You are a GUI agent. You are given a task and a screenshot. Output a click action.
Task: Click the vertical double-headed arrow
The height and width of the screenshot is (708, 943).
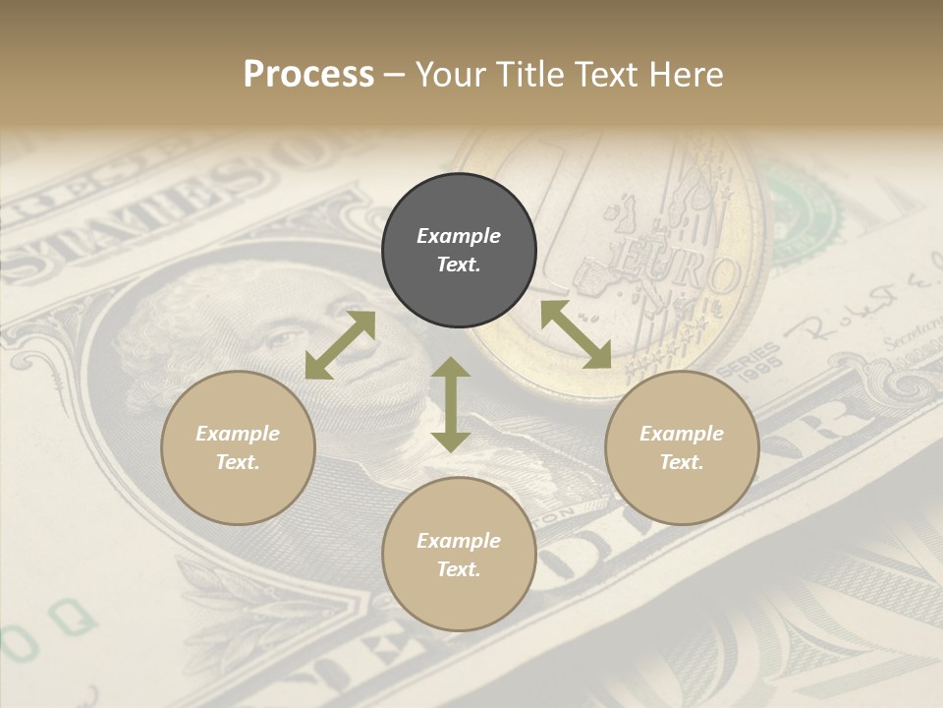tap(451, 404)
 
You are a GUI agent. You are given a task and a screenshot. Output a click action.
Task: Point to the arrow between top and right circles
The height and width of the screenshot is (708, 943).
tap(576, 334)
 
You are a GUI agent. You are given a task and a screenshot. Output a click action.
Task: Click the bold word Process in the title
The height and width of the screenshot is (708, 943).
tap(308, 74)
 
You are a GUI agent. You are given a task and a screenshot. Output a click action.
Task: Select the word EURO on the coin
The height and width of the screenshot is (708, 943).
tap(678, 274)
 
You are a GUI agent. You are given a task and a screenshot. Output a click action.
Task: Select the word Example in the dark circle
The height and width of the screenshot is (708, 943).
tap(459, 236)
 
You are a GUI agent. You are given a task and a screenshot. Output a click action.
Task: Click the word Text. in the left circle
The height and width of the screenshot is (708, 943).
tap(238, 462)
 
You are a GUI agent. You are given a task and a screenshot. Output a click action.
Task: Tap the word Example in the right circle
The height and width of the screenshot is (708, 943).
tap(682, 434)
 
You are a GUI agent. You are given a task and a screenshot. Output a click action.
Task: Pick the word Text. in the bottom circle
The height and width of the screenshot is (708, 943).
tap(459, 569)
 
